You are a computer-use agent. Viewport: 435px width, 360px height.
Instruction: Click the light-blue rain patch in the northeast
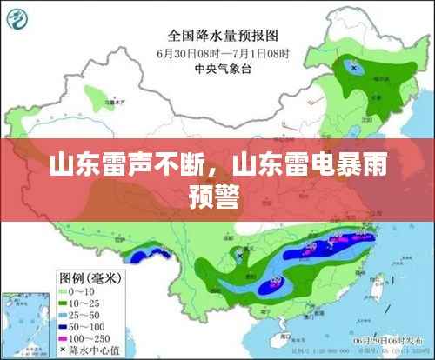(353, 66)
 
